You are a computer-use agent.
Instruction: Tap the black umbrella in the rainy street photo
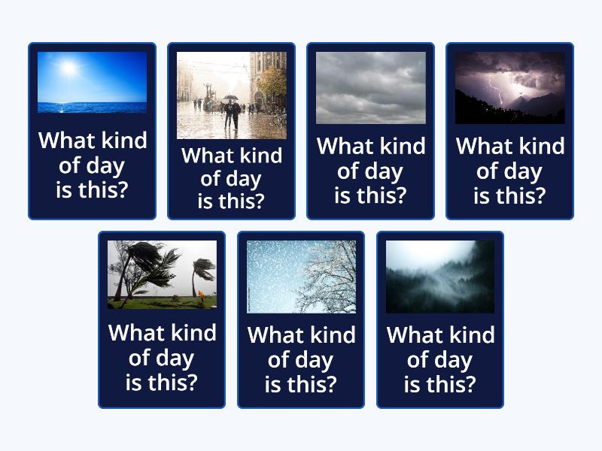coord(231,98)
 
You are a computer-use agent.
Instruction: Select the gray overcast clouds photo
coord(370,87)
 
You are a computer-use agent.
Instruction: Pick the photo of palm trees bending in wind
coord(162,274)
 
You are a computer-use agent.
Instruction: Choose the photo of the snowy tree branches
coord(301,277)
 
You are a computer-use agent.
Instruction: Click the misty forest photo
coord(440,277)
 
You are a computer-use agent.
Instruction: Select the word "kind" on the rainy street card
coord(257,156)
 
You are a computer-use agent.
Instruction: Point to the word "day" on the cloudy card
coord(383,171)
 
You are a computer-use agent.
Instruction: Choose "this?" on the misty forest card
coord(451,384)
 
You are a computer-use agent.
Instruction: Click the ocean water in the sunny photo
coord(92,105)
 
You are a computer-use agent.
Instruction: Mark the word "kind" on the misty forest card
coord(470,335)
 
